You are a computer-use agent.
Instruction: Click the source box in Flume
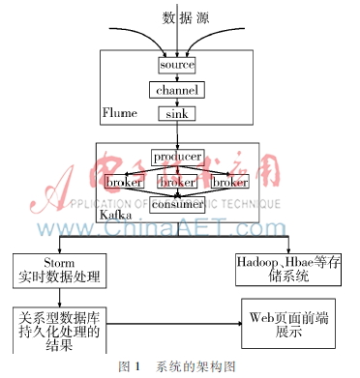[176, 65]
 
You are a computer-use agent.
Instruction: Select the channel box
[176, 90]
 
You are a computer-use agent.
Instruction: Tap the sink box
[176, 114]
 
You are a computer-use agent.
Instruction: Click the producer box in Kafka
[176, 157]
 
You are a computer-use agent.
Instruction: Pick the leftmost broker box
[126, 181]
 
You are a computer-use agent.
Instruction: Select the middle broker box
[176, 181]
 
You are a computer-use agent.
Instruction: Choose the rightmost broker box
[230, 181]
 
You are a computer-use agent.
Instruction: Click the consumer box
[176, 204]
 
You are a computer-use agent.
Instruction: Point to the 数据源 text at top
[178, 17]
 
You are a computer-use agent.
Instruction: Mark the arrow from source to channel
[176, 77]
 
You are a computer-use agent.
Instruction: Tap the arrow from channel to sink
[176, 102]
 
